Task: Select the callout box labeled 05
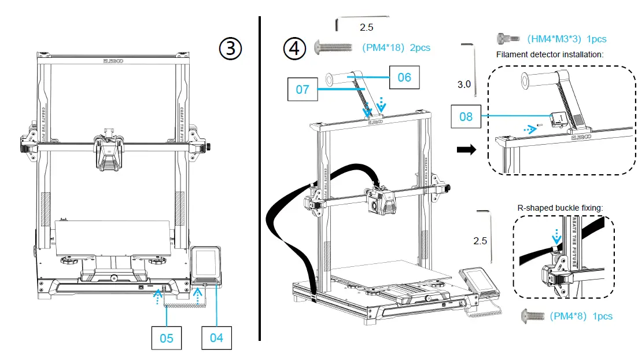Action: (167, 337)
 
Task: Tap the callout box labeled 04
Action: (216, 337)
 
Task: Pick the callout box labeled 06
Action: (404, 76)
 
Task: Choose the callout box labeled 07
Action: (303, 90)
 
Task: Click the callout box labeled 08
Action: (466, 116)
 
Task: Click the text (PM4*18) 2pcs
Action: (396, 47)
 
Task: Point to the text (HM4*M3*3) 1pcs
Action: (566, 39)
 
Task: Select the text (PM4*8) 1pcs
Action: (580, 316)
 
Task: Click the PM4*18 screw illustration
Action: (333, 46)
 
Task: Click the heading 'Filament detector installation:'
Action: (550, 54)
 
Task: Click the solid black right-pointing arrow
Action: (466, 150)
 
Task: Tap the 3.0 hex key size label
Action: (464, 84)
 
